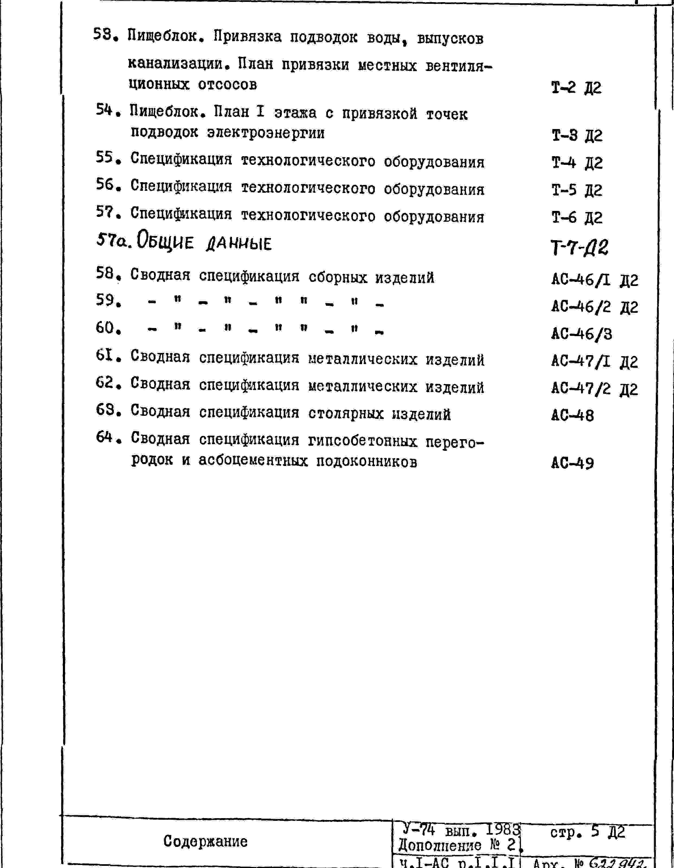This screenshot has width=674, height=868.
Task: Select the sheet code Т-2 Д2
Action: tap(576, 88)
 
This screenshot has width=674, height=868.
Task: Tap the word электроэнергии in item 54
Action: tap(266, 133)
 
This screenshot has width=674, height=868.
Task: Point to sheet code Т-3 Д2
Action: tap(577, 136)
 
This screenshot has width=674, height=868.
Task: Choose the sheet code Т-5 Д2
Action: tap(577, 190)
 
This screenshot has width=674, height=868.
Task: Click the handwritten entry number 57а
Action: tap(114, 240)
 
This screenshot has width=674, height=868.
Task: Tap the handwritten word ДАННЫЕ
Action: tap(239, 243)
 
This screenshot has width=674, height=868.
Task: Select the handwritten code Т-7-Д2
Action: tap(579, 247)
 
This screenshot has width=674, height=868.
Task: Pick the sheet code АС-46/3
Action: tap(581, 334)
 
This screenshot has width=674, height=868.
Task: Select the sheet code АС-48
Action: tap(572, 416)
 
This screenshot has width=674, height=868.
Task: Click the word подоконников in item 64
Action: tap(366, 461)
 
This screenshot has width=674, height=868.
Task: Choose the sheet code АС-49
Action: tap(572, 463)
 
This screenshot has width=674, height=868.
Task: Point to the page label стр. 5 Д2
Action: tap(587, 831)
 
